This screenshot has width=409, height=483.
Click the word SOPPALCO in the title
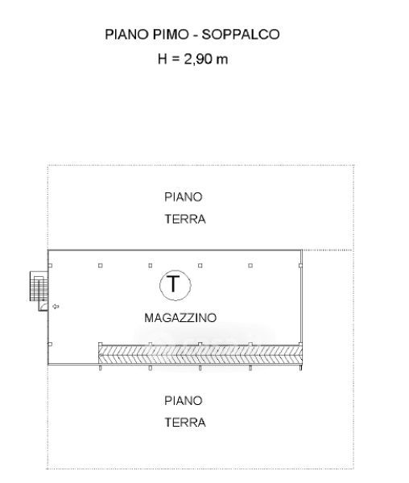pyautogui.click(x=241, y=34)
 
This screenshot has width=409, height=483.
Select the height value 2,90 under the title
pyautogui.click(x=197, y=59)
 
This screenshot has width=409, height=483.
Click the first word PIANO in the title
pyautogui.click(x=126, y=34)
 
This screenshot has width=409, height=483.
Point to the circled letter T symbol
pyautogui.click(x=176, y=285)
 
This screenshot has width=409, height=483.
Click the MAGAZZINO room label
pyautogui.click(x=180, y=318)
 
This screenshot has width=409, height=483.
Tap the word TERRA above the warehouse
pyautogui.click(x=185, y=219)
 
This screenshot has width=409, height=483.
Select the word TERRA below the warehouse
pyautogui.click(x=185, y=423)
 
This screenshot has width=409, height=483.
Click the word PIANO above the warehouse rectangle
pyautogui.click(x=184, y=197)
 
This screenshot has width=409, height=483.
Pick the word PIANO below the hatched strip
pyautogui.click(x=184, y=401)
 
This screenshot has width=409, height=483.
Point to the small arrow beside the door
pyautogui.click(x=56, y=307)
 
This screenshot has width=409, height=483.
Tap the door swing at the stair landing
pyautogui.click(x=43, y=306)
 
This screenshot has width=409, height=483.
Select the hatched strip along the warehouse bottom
pyautogui.click(x=200, y=355)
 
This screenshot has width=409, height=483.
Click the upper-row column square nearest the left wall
pyautogui.click(x=50, y=266)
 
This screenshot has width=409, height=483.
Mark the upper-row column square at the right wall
pyautogui.click(x=300, y=266)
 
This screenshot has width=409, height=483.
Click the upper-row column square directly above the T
pyautogui.click(x=151, y=266)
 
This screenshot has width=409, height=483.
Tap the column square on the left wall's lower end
pyautogui.click(x=50, y=344)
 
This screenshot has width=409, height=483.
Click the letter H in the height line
pyautogui.click(x=163, y=59)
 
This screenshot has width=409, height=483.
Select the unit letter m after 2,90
pyautogui.click(x=221, y=60)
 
